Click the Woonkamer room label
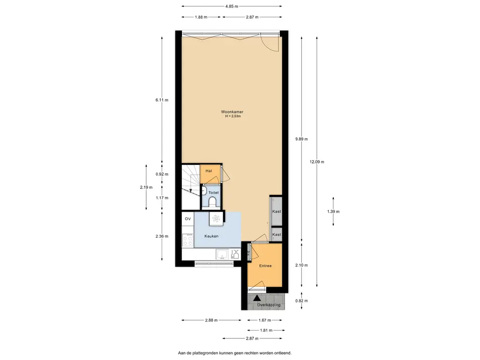(x=232, y=112)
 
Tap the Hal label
(x=209, y=171)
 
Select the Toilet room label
(x=213, y=193)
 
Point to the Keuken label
(x=211, y=236)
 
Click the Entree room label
(x=265, y=266)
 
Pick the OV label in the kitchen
(x=187, y=219)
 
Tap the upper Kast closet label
(x=277, y=211)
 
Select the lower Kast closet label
(x=277, y=234)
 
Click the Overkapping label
(x=269, y=305)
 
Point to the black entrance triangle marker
(x=257, y=298)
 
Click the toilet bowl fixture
(x=212, y=202)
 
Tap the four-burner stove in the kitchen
(x=187, y=240)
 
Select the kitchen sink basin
(x=222, y=254)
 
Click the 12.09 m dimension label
(x=317, y=162)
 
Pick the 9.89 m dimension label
(x=301, y=139)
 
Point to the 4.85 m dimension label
(x=232, y=6)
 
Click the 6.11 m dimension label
(x=162, y=100)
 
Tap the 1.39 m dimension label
(x=333, y=211)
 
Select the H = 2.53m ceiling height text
(x=233, y=116)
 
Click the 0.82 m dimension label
(x=301, y=300)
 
